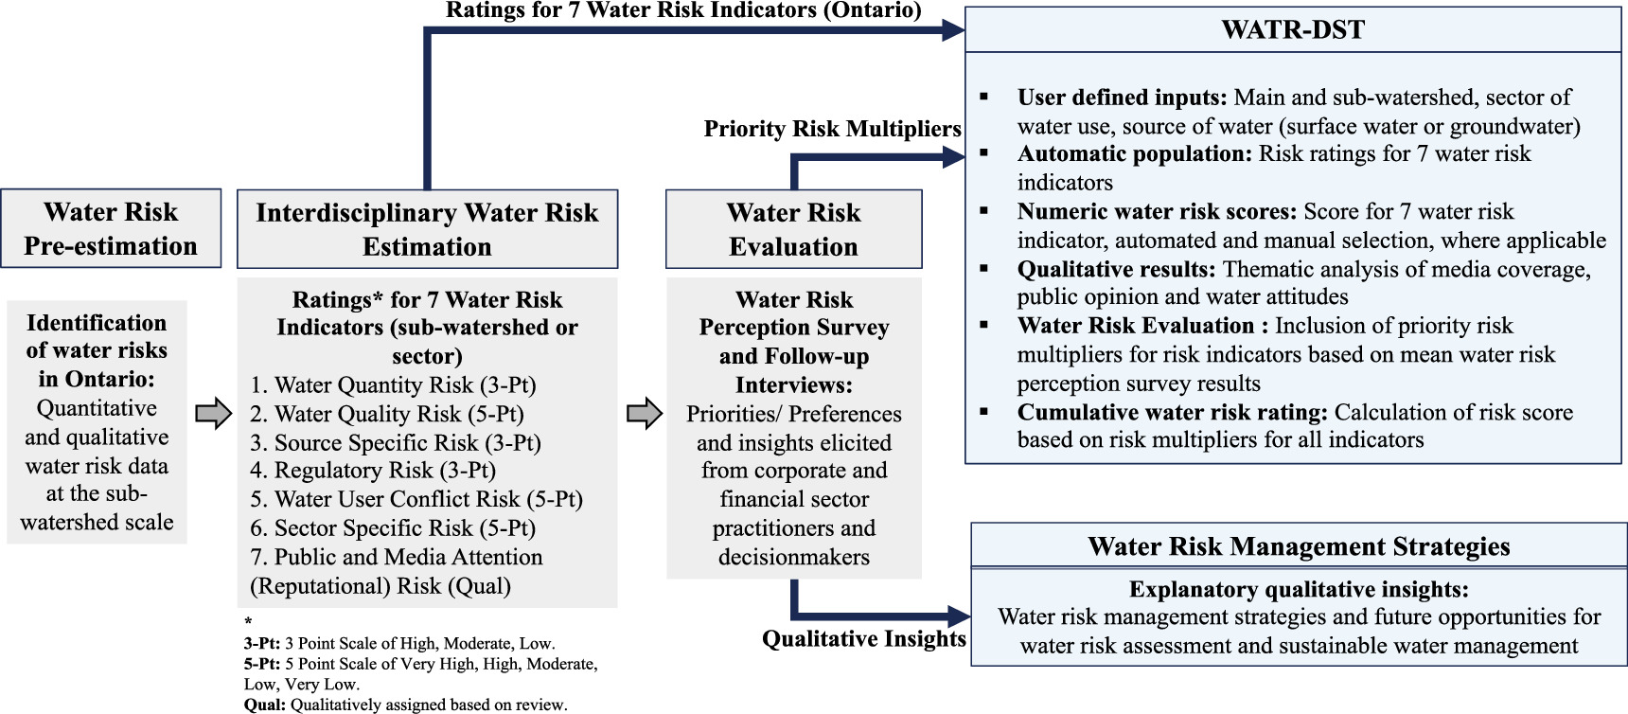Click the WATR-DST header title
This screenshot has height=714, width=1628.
point(1293,29)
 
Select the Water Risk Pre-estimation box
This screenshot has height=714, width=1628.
point(111,228)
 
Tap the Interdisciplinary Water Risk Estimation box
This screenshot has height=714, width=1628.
point(427,229)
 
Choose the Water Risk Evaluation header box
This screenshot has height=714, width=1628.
point(793,229)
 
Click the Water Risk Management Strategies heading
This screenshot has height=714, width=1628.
point(1299,546)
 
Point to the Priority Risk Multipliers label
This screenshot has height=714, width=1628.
point(832,129)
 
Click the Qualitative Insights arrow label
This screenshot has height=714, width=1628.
point(863,639)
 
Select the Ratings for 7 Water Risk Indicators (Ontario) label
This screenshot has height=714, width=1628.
point(683,10)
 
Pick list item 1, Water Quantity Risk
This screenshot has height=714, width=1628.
point(393,385)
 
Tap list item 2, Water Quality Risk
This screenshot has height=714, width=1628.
point(386,414)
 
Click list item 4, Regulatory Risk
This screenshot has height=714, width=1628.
point(373,471)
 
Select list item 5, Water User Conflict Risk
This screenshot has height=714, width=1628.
point(416,499)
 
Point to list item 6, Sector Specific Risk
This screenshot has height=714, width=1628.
point(393,527)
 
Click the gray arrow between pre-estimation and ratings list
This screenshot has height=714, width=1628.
point(213,414)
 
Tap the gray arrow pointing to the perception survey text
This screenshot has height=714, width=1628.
point(645,414)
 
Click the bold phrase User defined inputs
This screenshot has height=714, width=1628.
point(1122,98)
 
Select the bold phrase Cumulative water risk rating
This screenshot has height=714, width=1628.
point(1173,412)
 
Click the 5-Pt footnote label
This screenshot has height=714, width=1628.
point(261,664)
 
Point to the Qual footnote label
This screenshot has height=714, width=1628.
point(264,705)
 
